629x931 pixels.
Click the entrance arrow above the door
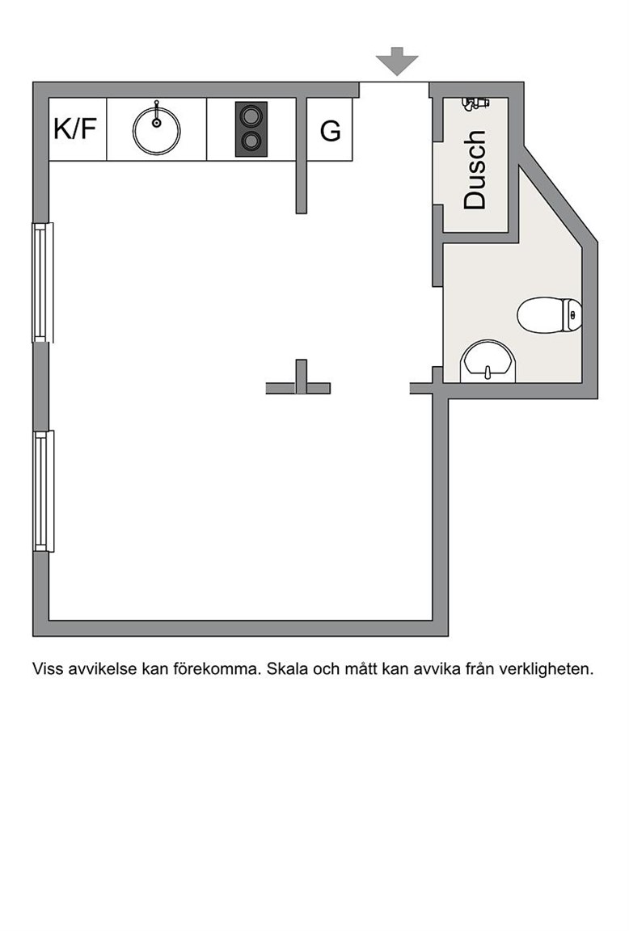tap(397, 61)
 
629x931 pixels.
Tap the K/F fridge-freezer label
tap(75, 128)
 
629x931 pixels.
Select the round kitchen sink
tap(156, 131)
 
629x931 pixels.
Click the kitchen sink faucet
tap(156, 113)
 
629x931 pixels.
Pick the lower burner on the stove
tap(251, 141)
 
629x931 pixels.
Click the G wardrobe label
tap(330, 131)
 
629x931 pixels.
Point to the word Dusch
tap(475, 170)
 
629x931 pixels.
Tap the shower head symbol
tap(475, 103)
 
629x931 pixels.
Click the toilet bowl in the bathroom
tap(541, 314)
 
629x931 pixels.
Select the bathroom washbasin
tap(489, 361)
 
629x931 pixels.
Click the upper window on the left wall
tap(43, 282)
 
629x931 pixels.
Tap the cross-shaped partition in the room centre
tap(301, 381)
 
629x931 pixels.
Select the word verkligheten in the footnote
tap(547, 669)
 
